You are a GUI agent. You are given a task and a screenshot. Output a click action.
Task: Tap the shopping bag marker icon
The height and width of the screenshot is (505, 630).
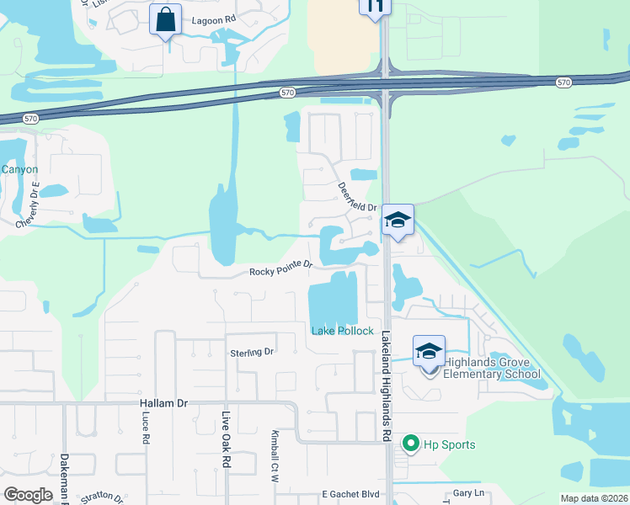click(166, 19)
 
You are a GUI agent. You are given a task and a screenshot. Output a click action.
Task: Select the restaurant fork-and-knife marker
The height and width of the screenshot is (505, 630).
click(375, 6)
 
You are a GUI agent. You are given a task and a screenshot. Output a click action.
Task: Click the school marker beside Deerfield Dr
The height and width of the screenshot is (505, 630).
click(398, 221)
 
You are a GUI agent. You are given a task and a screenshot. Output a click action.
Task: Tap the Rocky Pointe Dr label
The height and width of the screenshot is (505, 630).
click(281, 268)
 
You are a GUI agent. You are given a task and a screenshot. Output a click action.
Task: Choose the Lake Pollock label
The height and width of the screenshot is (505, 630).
click(342, 331)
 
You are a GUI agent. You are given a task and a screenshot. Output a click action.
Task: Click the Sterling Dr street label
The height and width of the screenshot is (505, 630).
click(253, 352)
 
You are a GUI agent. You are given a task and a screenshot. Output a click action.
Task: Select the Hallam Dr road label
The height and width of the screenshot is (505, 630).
click(164, 404)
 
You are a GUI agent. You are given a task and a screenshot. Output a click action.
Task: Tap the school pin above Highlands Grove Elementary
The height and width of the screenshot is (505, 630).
click(429, 351)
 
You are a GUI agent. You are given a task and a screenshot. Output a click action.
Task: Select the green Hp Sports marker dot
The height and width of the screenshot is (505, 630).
click(411, 443)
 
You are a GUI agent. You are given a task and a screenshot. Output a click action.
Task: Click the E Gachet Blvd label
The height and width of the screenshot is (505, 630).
click(350, 495)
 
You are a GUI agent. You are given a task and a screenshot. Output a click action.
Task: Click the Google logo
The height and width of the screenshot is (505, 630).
click(29, 495)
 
